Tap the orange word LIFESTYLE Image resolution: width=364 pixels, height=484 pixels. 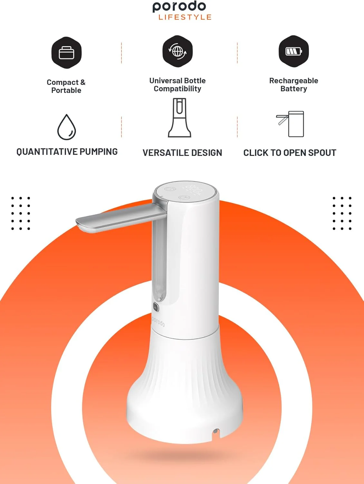tap(185, 17)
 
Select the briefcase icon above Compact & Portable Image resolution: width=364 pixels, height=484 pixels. tap(66, 53)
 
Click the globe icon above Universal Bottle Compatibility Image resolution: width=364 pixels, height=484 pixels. tap(177, 51)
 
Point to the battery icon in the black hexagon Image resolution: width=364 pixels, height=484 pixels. tap(293, 51)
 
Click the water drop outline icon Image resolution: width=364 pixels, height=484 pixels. tap(66, 127)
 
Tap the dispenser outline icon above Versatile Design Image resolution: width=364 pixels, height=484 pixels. tap(179, 118)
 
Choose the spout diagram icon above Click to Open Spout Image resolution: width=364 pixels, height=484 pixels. tap(290, 124)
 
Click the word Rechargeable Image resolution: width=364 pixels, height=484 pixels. tap(293, 81)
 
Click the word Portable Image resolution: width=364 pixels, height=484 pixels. tap(66, 90)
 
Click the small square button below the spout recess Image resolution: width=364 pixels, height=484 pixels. tap(156, 307)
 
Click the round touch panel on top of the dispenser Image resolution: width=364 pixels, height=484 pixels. tap(185, 191)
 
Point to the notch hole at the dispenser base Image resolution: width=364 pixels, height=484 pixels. tap(216, 431)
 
